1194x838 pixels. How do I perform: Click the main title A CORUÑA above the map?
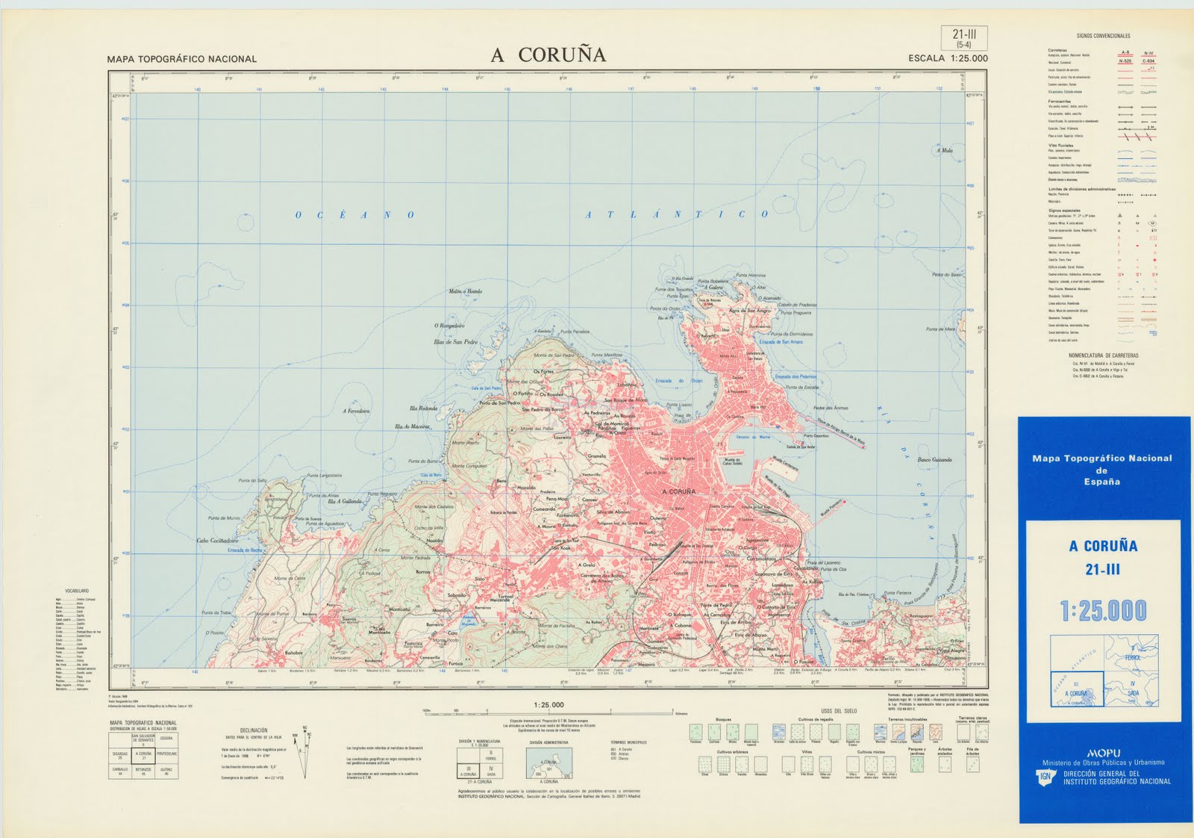pos(548,55)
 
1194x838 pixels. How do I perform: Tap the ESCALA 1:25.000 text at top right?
pos(948,58)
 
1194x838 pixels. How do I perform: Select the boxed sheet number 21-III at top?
pos(964,37)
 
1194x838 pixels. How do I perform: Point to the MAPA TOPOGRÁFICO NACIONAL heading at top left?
pos(181,59)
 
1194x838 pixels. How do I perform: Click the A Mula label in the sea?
pos(944,150)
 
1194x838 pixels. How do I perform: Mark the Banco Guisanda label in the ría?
pos(934,460)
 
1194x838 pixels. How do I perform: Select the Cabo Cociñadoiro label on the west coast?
pos(217,540)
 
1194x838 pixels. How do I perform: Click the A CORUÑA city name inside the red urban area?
pos(678,491)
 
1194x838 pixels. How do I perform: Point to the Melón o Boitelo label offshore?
pos(465,291)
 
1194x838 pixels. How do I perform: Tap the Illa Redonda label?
pos(423,409)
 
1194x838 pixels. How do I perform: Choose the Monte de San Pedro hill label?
pos(554,356)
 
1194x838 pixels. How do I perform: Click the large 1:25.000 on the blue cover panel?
pos(1103,611)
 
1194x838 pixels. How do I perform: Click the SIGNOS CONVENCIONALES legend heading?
pos(1103,36)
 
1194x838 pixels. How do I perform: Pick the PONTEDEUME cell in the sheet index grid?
pos(167,754)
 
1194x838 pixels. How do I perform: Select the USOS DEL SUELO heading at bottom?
pos(839,711)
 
